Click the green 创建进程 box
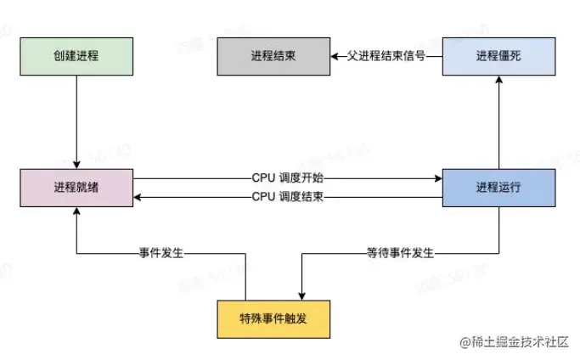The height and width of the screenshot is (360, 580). (x=76, y=57)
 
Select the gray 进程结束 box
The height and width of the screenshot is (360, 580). (x=273, y=57)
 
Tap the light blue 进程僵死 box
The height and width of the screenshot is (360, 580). (x=498, y=57)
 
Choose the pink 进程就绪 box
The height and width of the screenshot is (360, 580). (x=76, y=188)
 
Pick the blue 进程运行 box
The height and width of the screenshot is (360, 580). (x=498, y=188)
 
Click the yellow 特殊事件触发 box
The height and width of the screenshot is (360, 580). (x=273, y=319)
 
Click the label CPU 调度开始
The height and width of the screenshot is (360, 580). (x=288, y=179)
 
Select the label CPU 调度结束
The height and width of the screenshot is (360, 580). (x=288, y=197)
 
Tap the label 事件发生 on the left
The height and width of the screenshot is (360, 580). (x=162, y=252)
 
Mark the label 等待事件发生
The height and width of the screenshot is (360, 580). (x=398, y=252)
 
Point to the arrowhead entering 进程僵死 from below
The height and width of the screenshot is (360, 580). (x=498, y=81)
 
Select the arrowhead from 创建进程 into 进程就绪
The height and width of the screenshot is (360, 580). (x=76, y=164)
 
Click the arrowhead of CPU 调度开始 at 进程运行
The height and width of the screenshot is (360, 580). (x=437, y=179)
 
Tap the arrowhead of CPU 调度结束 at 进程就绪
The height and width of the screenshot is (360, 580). (x=137, y=197)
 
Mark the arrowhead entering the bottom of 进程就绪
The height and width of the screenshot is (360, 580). (x=76, y=212)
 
